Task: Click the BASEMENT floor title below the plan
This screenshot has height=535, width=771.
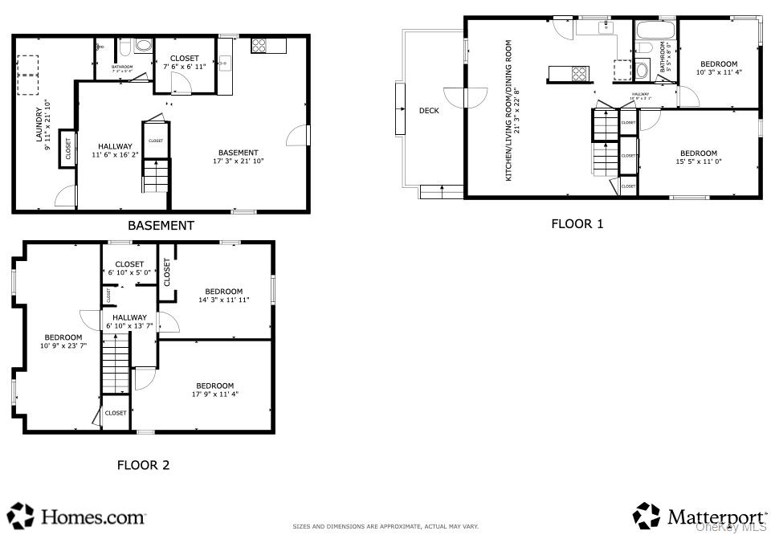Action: pyautogui.click(x=161, y=226)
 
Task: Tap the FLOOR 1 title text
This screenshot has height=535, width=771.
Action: pyautogui.click(x=577, y=224)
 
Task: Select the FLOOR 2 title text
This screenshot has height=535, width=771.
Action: pyautogui.click(x=143, y=464)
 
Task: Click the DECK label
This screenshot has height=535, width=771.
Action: pyautogui.click(x=429, y=111)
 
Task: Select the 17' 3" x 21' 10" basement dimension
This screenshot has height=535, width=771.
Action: pyautogui.click(x=239, y=161)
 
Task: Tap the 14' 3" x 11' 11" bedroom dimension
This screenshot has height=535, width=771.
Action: pyautogui.click(x=223, y=300)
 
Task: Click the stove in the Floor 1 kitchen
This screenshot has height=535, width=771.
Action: pyautogui.click(x=578, y=74)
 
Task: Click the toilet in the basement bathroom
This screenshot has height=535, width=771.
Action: pyautogui.click(x=143, y=46)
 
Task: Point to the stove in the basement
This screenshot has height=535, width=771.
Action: pyautogui.click(x=259, y=46)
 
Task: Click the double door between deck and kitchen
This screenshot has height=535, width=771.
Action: pyautogui.click(x=466, y=97)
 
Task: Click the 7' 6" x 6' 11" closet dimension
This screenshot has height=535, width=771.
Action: pyautogui.click(x=185, y=67)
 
